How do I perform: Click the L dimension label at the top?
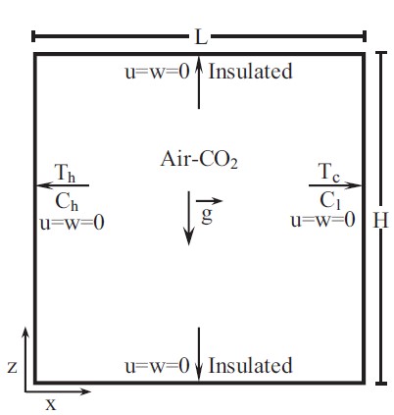pyautogui.click(x=201, y=36)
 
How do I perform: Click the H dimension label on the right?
pyautogui.click(x=380, y=220)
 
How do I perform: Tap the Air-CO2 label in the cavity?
pyautogui.click(x=199, y=160)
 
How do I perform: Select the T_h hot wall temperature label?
pyautogui.click(x=66, y=173)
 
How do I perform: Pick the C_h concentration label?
pyautogui.click(x=67, y=202)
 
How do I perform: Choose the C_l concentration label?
pyautogui.click(x=330, y=200)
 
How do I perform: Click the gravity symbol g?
pyautogui.click(x=207, y=215)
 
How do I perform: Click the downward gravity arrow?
pyautogui.click(x=188, y=218)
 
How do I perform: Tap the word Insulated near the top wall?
pyautogui.click(x=250, y=72)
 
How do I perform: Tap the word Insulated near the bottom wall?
pyautogui.click(x=250, y=365)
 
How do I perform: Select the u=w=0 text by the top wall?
pyautogui.click(x=157, y=72)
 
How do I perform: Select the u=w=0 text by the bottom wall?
pyautogui.click(x=157, y=366)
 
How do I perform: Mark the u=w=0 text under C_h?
pyautogui.click(x=73, y=224)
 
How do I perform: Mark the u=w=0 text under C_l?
pyautogui.click(x=322, y=220)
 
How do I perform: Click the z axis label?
pyautogui.click(x=12, y=367)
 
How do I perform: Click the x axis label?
pyautogui.click(x=51, y=405)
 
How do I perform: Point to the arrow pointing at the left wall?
pyautogui.click(x=63, y=185)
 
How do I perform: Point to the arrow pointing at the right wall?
pyautogui.click(x=335, y=185)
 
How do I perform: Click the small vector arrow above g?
pyautogui.click(x=209, y=201)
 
